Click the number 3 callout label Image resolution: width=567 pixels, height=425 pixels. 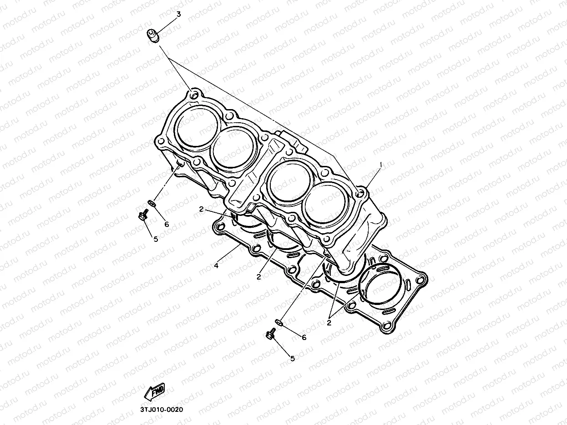(178, 15)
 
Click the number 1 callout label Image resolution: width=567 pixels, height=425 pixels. (380, 165)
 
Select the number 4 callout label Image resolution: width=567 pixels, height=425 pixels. (216, 265)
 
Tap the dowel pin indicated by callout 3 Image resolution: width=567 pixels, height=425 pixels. (153, 36)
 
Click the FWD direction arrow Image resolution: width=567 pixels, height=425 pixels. (154, 392)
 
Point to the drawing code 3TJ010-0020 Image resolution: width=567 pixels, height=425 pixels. (162, 410)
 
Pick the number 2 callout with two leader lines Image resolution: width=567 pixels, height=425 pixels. (329, 323)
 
